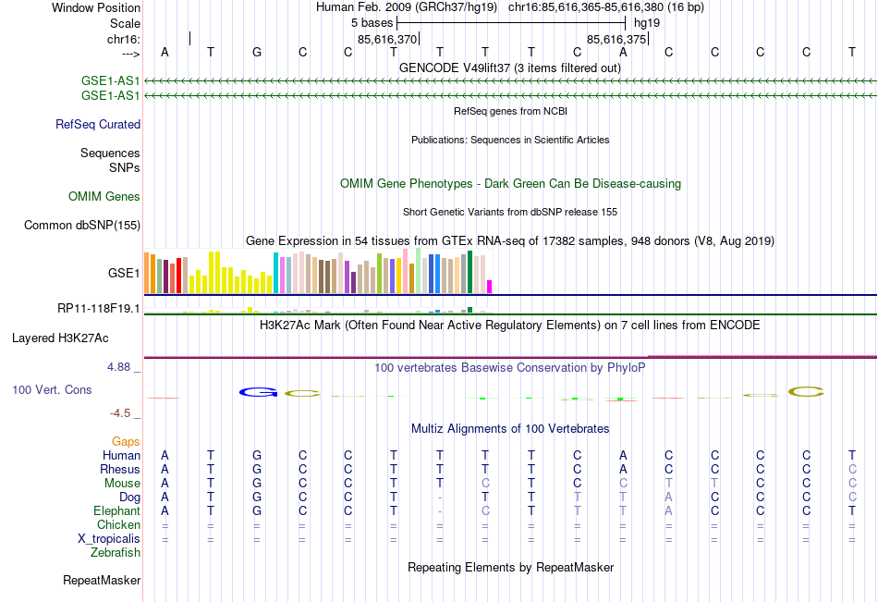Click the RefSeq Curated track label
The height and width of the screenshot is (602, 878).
point(97,124)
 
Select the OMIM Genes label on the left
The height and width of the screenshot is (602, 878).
point(104,196)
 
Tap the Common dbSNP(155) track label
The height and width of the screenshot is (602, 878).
point(82,225)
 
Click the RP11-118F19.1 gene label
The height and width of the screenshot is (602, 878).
point(98,308)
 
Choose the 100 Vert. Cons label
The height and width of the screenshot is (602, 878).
point(52,389)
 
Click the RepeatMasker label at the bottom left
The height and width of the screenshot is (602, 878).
point(102,581)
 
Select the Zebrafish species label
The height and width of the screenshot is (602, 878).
point(116,553)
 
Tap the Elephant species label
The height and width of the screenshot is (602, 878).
point(116,510)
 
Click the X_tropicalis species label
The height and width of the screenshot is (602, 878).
point(109,538)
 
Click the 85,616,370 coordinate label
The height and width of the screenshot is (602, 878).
point(387,40)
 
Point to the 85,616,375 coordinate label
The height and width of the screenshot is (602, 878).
point(616,40)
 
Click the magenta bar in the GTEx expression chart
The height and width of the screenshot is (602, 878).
point(490,287)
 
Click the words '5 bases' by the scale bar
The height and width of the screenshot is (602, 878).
point(372,22)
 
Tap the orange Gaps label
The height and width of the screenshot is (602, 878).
point(126,441)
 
